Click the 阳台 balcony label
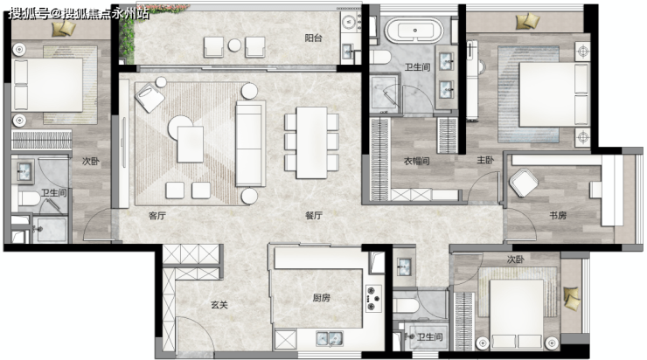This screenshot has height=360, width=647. click(313, 38)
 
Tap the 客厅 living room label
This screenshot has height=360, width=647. click(157, 215)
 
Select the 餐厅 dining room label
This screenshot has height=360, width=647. click(314, 215)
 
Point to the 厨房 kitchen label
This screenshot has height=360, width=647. click(322, 297)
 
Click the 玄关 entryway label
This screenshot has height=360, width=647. click(219, 305)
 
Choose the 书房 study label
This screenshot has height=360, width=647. click(558, 215)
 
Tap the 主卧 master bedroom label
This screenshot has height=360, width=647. click(485, 160)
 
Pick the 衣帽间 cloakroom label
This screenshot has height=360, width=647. click(417, 161)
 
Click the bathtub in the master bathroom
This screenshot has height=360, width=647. click(414, 30)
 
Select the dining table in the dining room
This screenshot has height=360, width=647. click(312, 142)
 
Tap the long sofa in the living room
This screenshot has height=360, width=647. click(250, 144)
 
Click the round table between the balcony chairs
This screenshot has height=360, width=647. click(234, 45)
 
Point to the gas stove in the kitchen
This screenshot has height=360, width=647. click(373, 298)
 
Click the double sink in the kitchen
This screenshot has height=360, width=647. click(330, 338)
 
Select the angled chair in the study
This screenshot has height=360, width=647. click(524, 183)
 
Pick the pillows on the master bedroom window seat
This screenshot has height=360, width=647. click(528, 21)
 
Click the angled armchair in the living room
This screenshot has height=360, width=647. click(150, 97)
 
